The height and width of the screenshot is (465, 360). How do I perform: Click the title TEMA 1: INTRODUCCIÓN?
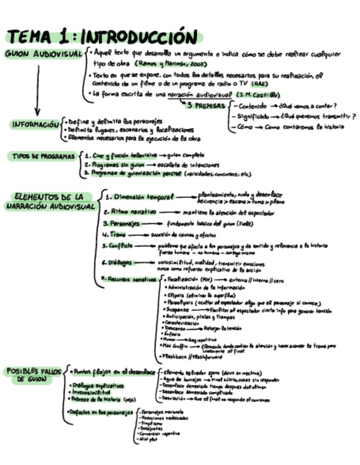103,37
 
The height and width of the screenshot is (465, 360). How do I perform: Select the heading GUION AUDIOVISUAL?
44,54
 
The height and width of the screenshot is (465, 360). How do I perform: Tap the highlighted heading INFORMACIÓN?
33,124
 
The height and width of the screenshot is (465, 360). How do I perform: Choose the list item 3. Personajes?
122,223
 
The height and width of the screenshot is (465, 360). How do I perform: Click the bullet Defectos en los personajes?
102,412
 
